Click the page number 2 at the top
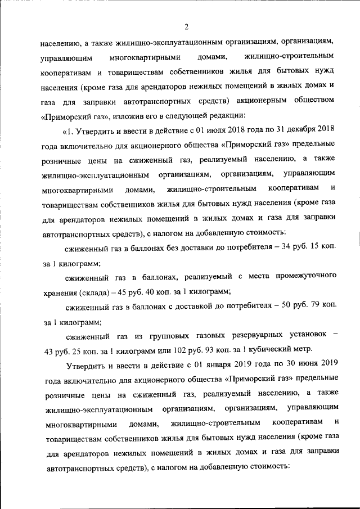[x=185, y=26]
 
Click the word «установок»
[x=307, y=336]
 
